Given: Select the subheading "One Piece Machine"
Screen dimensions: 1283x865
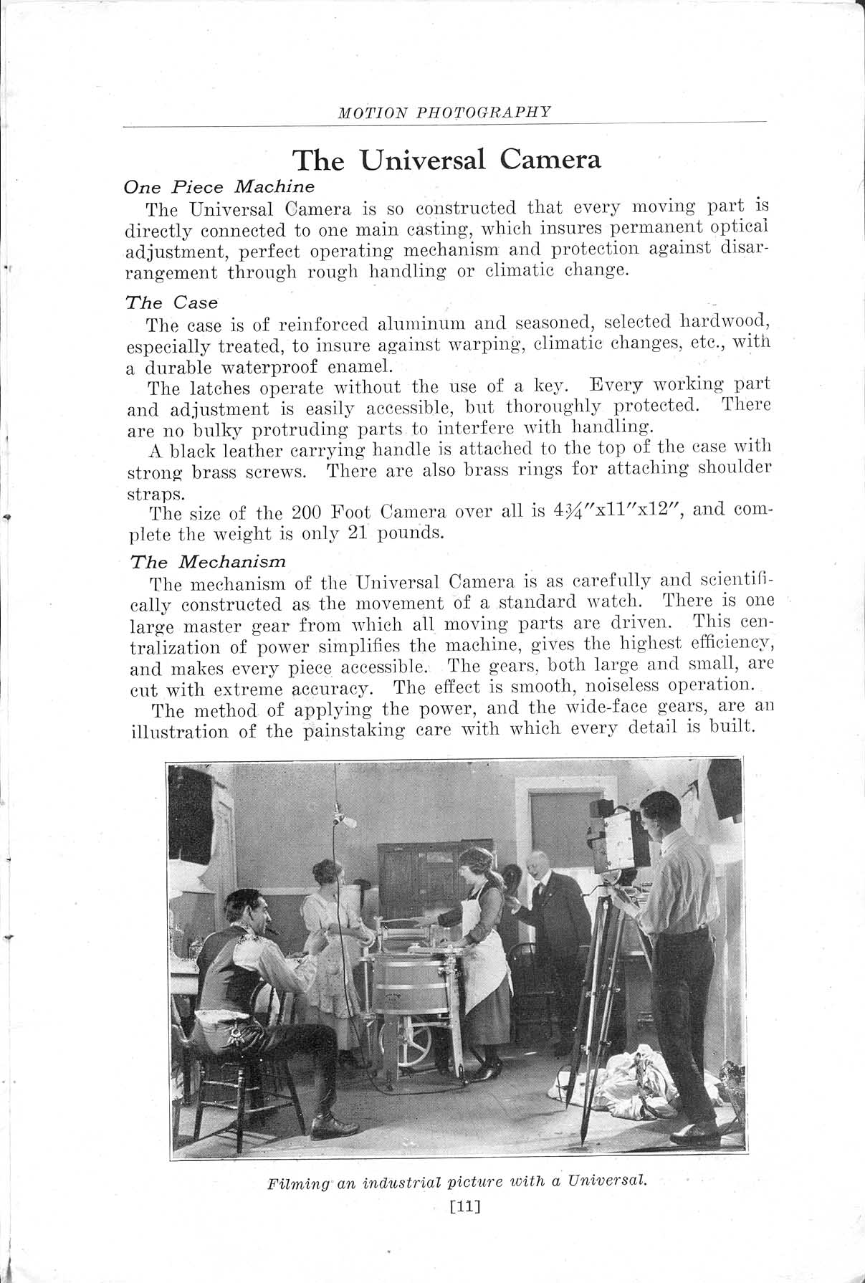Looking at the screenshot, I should pos(219,186).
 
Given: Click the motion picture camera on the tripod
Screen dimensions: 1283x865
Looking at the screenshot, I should pos(618,841).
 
